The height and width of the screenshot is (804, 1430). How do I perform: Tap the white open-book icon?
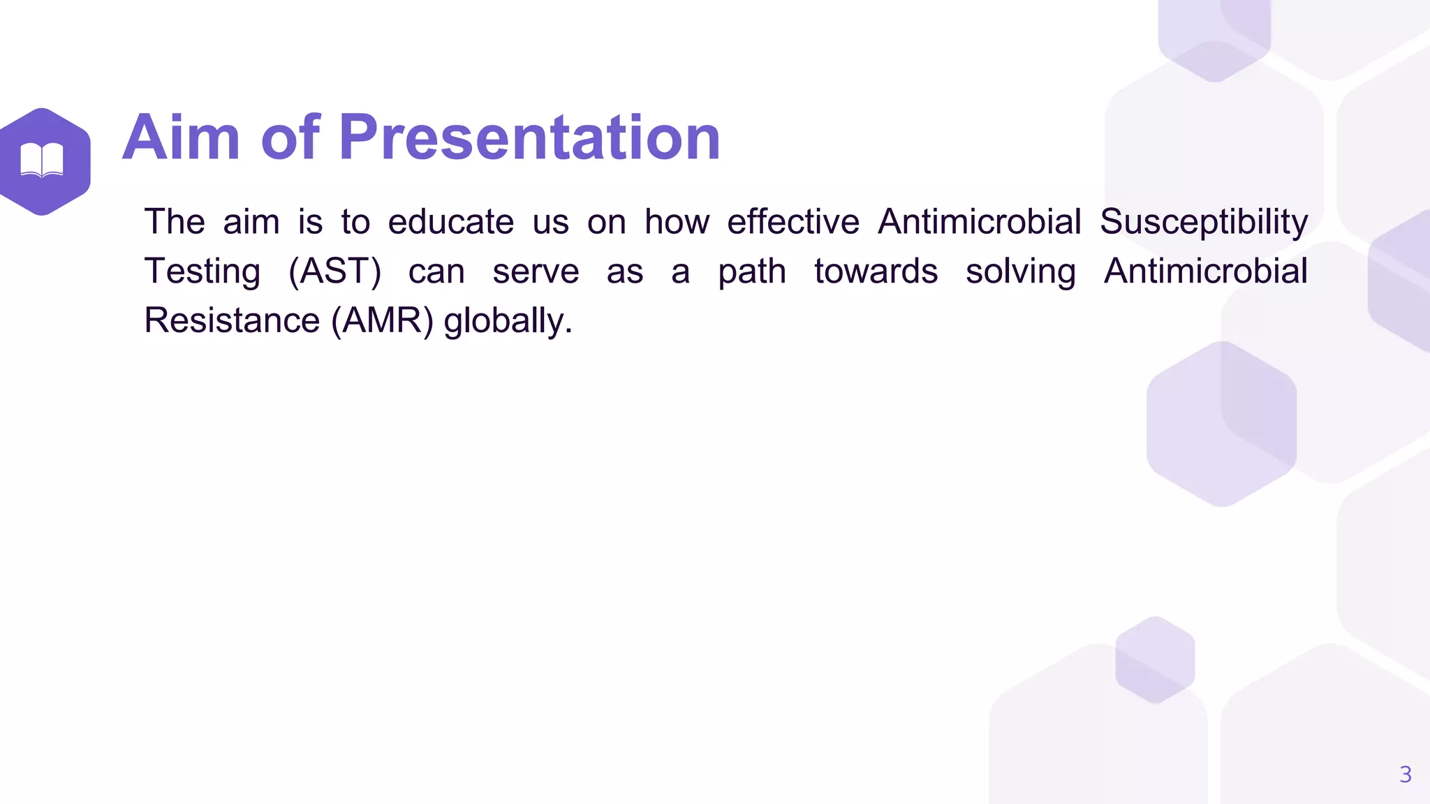[42, 160]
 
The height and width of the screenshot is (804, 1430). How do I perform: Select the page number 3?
[1406, 774]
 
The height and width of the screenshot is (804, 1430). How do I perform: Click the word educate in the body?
[451, 223]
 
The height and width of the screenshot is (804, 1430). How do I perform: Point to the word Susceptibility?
[1204, 223]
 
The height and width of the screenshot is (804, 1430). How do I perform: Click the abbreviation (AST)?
[334, 271]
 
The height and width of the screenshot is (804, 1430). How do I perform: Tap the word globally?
[508, 321]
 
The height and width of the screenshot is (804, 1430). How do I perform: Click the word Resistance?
[232, 321]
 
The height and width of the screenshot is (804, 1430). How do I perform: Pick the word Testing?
[202, 271]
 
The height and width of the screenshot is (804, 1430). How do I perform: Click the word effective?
[793, 223]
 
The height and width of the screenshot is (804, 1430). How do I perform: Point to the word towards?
[876, 271]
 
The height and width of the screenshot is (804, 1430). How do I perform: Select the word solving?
[1020, 271]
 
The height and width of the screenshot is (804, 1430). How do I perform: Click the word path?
[752, 271]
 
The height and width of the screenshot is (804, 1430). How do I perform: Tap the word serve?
[536, 271]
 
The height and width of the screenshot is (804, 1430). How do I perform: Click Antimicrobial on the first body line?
[979, 223]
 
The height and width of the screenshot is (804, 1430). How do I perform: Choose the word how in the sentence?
[676, 223]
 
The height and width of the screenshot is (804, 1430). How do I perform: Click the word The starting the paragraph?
[175, 223]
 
